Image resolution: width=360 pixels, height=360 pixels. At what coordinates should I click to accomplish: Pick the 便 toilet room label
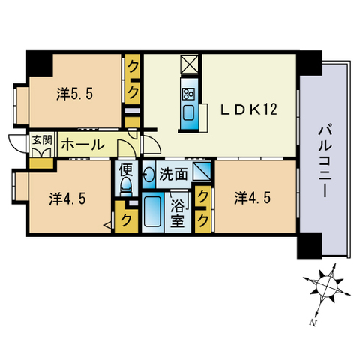pyautogui.click(x=125, y=169)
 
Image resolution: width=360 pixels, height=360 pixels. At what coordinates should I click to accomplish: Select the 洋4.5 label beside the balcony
pyautogui.click(x=250, y=198)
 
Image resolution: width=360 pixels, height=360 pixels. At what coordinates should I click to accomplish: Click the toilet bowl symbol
pyautogui.click(x=126, y=186)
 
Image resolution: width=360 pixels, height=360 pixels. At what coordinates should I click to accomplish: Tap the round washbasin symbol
pyautogui.click(x=148, y=175)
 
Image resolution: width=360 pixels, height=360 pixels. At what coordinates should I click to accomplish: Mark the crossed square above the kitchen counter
pyautogui.click(x=187, y=64)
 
